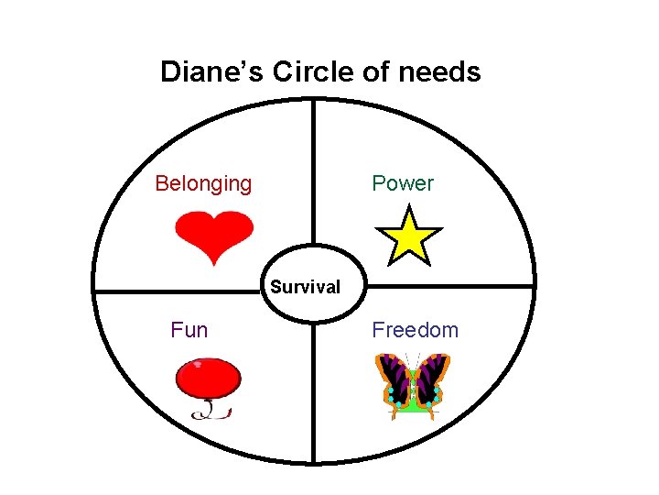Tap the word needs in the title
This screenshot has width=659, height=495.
pos(442,71)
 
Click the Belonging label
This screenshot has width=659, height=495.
pos(203,183)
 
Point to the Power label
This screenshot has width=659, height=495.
pos(403,183)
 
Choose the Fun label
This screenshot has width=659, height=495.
pos(189,330)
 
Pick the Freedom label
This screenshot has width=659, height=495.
pos(415,330)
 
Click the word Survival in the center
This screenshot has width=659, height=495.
pos(305,287)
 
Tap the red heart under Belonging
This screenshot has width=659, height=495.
pos(213,234)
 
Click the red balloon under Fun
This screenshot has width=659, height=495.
pos(209,377)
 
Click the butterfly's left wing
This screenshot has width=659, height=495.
pos(394,380)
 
